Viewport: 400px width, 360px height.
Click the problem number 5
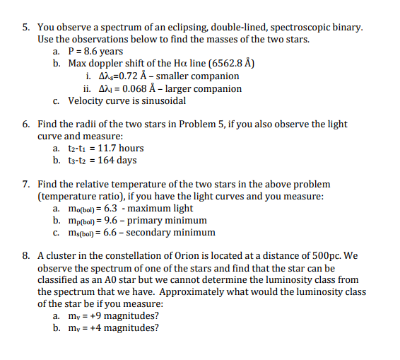coord(24,27)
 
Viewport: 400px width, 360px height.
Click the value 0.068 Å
coord(129,89)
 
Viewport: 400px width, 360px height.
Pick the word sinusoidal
coord(162,100)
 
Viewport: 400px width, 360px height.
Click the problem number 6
coord(24,124)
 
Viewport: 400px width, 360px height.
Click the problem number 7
coord(24,184)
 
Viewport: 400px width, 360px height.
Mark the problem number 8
coord(24,256)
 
